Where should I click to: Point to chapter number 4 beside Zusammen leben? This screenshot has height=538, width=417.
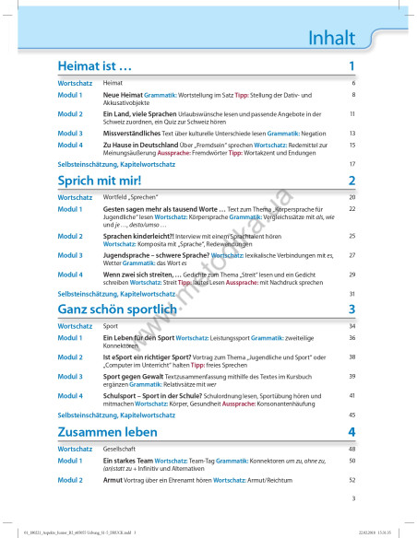(351, 432)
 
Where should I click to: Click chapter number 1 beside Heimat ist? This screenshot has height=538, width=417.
(351, 67)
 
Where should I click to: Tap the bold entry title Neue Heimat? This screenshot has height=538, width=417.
(124, 94)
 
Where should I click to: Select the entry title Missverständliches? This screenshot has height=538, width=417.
(135, 132)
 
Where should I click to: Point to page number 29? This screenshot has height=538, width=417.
(352, 275)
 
